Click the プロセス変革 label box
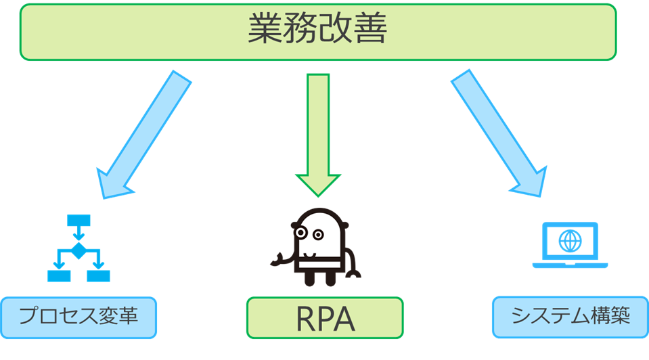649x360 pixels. (79, 317)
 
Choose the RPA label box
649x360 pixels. (324, 317)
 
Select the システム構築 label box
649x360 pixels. (570, 316)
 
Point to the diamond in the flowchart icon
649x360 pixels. (79, 251)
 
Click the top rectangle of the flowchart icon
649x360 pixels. (79, 221)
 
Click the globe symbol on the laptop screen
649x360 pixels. (570, 240)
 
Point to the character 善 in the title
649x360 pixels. (369, 31)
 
